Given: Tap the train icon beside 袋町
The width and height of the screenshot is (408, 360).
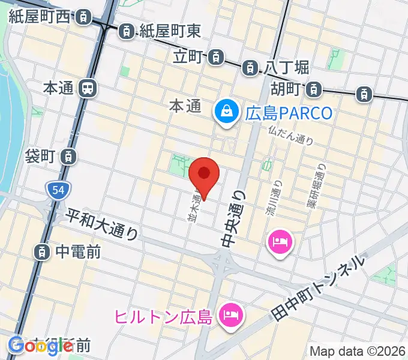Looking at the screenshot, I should click(70, 157).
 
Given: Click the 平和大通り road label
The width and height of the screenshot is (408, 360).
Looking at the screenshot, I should click(103, 224).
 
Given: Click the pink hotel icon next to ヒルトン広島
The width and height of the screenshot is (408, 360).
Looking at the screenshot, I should click(229, 314).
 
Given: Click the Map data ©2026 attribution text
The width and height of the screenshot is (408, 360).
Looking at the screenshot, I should click(358, 351).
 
